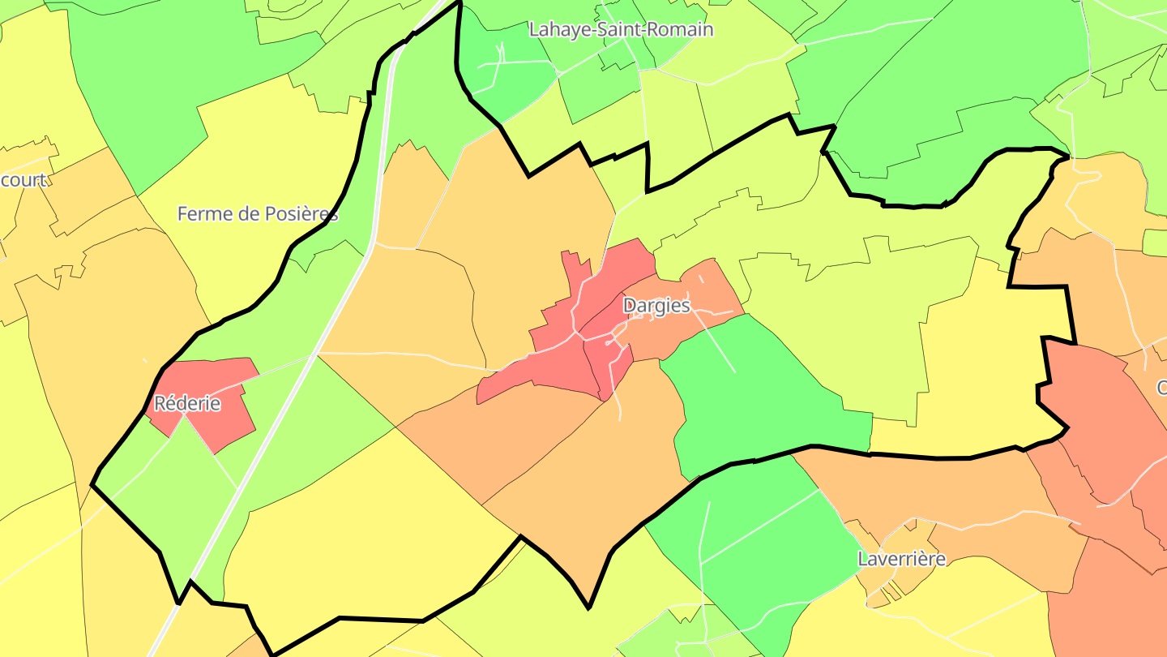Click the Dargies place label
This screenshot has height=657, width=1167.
click(x=656, y=306)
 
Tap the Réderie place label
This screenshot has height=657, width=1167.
click(x=186, y=403)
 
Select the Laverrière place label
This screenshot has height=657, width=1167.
click(x=901, y=559)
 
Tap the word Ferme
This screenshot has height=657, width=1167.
click(x=199, y=214)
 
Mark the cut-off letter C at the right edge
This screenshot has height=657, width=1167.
click(x=1161, y=388)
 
